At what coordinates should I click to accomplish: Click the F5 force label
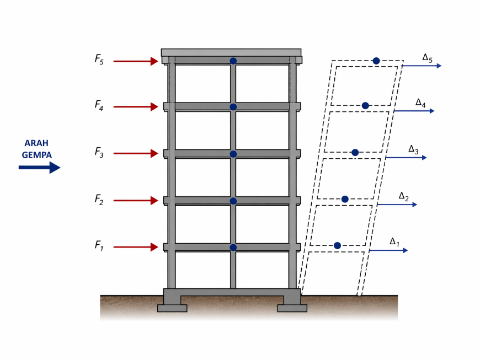coord(99,59)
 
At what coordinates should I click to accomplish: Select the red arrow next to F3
coord(136,154)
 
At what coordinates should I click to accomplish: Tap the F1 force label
coord(99,246)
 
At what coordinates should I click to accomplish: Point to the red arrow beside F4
coord(136,107)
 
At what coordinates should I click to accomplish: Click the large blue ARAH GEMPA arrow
coord(39,168)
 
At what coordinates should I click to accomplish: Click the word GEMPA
coord(37,155)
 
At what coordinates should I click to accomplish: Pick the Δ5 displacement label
coord(427,57)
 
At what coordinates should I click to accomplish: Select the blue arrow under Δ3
coord(406,158)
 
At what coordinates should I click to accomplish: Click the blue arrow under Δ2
coord(397,205)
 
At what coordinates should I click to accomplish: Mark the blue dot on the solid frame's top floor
coord(233,61)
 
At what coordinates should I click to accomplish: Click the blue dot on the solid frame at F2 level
coord(233,201)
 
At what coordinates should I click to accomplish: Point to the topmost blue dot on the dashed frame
coord(376,61)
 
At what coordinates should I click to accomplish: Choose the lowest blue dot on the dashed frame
coord(337,245)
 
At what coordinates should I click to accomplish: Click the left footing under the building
coord(172,308)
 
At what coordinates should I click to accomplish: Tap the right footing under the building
coord(292,308)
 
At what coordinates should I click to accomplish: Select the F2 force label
coord(99,199)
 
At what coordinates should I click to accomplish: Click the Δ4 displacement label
coord(420,103)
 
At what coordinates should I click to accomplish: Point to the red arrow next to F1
coord(136,248)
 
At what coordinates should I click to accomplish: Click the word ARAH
coord(36,143)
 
